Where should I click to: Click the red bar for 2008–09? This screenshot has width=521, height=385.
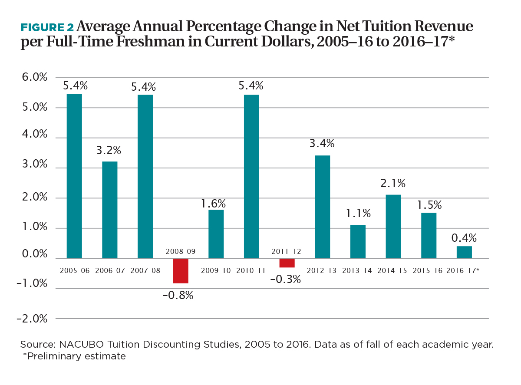[181, 270]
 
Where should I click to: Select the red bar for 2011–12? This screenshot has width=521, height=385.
[287, 263]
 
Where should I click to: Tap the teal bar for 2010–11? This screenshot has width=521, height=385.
[251, 176]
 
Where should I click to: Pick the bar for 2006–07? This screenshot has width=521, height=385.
[109, 210]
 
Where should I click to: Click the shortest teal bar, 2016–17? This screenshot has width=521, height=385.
[464, 252]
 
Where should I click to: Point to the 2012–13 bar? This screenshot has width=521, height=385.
[322, 207]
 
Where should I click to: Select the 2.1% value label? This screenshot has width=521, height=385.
[393, 184]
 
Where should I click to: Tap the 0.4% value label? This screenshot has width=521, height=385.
[464, 238]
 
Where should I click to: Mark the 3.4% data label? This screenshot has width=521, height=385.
[322, 143]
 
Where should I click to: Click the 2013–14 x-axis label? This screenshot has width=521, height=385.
[357, 270]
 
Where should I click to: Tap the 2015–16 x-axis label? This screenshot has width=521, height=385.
[428, 270]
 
